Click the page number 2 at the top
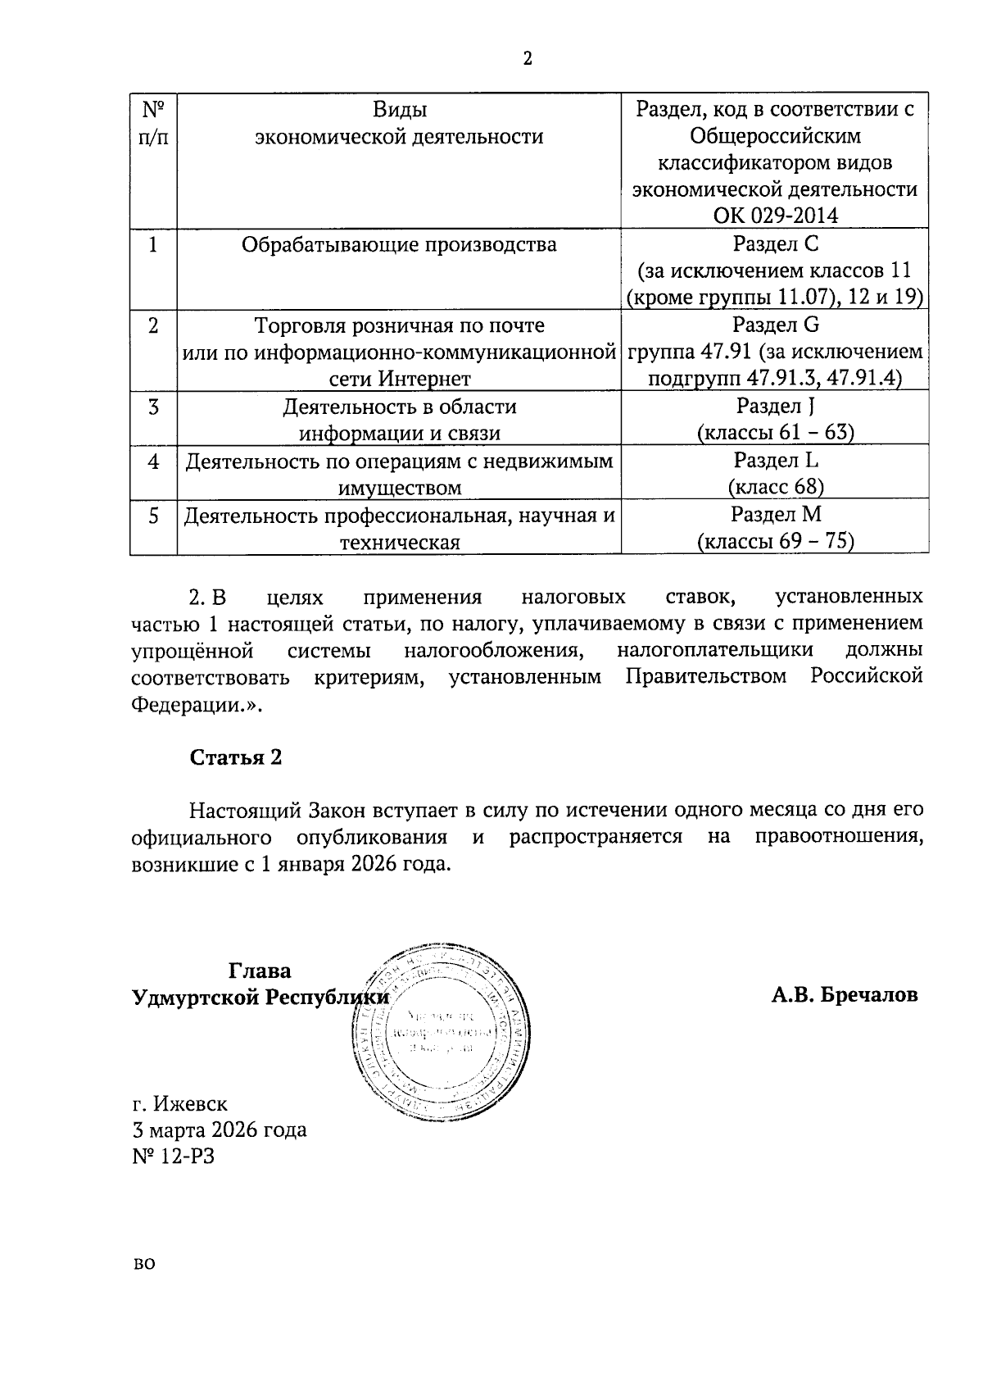(x=527, y=59)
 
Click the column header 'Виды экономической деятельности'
(x=399, y=123)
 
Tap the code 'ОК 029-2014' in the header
(x=774, y=216)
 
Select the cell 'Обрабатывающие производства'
(x=399, y=244)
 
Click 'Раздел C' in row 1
(x=774, y=243)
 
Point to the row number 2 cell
(x=153, y=325)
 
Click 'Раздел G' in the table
(x=775, y=325)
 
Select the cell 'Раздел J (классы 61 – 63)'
(x=775, y=419)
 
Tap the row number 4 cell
(x=153, y=461)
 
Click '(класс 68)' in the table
(x=775, y=487)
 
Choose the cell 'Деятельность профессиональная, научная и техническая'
(x=399, y=528)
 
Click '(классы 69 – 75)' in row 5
(x=775, y=542)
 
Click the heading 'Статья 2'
(x=236, y=757)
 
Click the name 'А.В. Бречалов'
(x=844, y=995)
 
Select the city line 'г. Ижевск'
(x=179, y=1103)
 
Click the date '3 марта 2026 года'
(x=220, y=1130)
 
